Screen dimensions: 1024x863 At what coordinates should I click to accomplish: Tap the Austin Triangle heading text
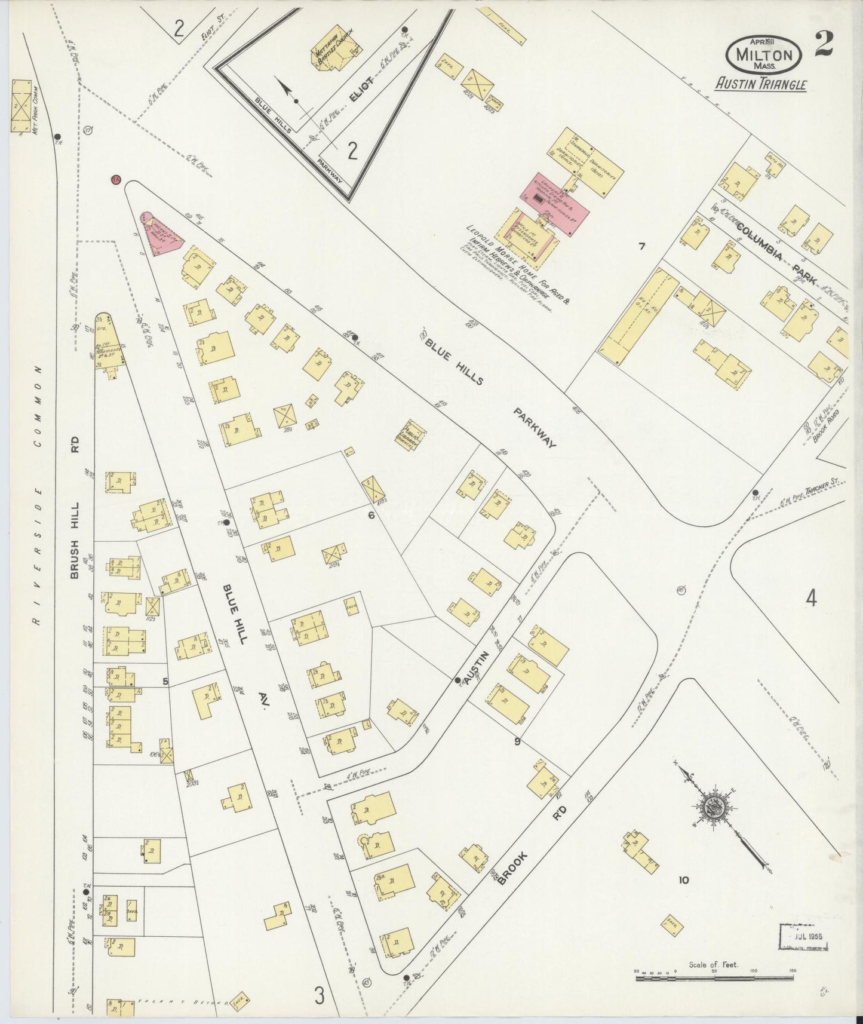coord(761,84)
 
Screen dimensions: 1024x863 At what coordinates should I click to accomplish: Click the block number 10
coord(683,879)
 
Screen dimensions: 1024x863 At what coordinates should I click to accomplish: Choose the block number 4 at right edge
coord(810,598)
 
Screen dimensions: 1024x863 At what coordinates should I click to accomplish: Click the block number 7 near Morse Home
coord(642,246)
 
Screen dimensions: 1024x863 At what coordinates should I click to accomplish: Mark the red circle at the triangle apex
coord(116,180)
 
